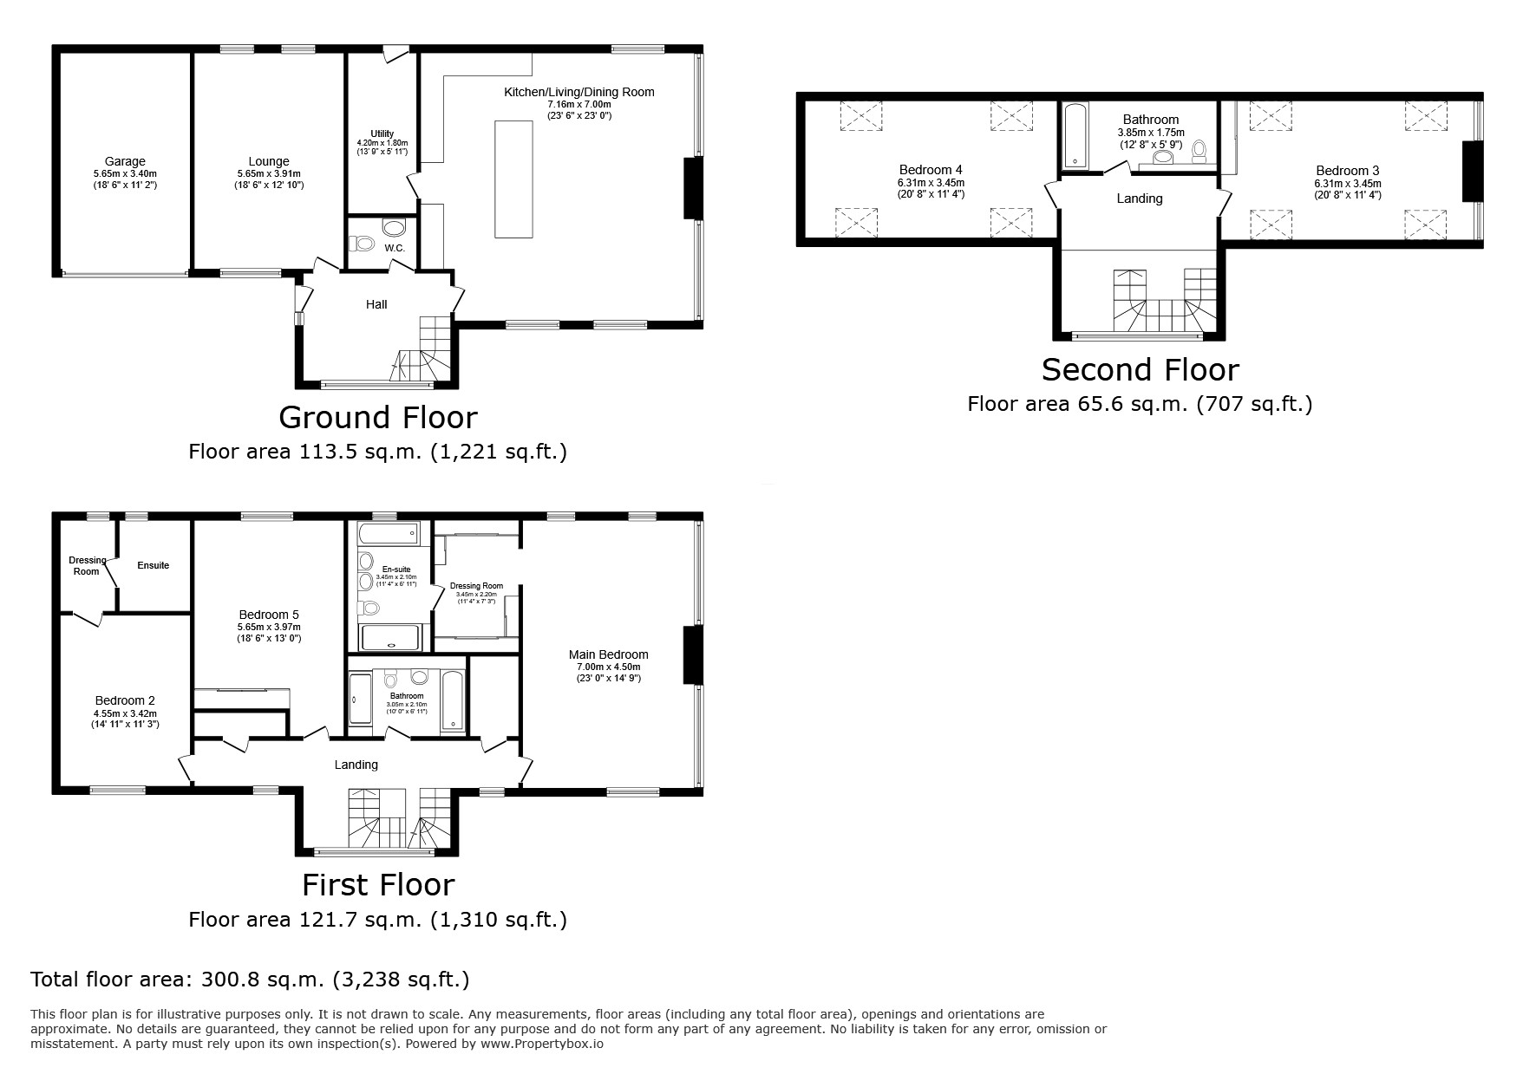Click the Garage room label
(x=125, y=161)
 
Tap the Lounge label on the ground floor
(x=269, y=161)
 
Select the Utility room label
(x=382, y=133)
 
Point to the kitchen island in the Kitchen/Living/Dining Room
(x=513, y=179)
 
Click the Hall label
(x=376, y=304)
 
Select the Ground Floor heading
(x=378, y=418)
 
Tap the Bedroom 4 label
(x=931, y=170)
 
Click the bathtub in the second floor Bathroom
(x=1074, y=136)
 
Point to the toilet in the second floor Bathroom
(x=1199, y=153)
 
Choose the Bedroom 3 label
(x=1347, y=171)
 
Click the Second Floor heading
(x=1140, y=370)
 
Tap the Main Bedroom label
(x=608, y=654)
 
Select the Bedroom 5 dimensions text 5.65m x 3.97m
(x=269, y=627)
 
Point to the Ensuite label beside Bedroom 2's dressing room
(x=154, y=565)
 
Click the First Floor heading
(x=378, y=885)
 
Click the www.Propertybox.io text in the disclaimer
(x=542, y=1044)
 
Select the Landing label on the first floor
(x=356, y=765)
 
